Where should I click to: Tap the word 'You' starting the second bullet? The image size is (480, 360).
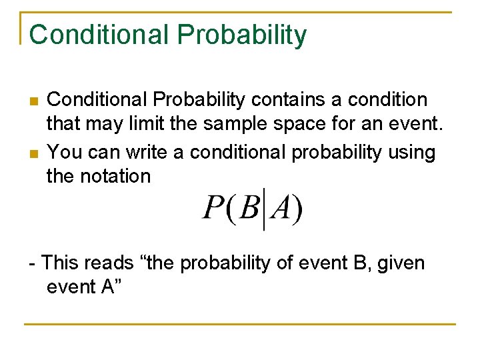65,152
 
